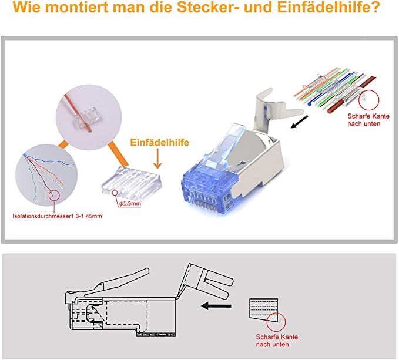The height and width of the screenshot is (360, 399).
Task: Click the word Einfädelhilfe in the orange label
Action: point(160,142)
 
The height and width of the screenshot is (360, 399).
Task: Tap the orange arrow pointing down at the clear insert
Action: point(157,159)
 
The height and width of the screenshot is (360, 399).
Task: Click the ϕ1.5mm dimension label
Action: point(130,204)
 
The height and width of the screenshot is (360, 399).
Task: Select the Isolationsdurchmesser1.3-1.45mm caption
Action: point(57,216)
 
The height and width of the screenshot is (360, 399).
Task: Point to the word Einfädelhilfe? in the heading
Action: point(328,8)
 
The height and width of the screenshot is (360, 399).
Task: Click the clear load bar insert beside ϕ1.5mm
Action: point(132,183)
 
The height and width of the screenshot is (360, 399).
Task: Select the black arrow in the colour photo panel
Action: point(300,122)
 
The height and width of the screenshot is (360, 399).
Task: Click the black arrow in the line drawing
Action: point(216,306)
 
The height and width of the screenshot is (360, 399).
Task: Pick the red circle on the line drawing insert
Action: point(276,322)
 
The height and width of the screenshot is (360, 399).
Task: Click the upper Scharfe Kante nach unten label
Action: point(368,120)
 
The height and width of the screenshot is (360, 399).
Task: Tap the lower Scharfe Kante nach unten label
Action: point(277,341)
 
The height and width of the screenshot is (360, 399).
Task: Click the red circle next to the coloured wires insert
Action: point(368,100)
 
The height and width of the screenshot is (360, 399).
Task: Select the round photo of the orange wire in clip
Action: point(89,117)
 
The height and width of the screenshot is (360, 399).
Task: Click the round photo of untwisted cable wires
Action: point(46,175)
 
